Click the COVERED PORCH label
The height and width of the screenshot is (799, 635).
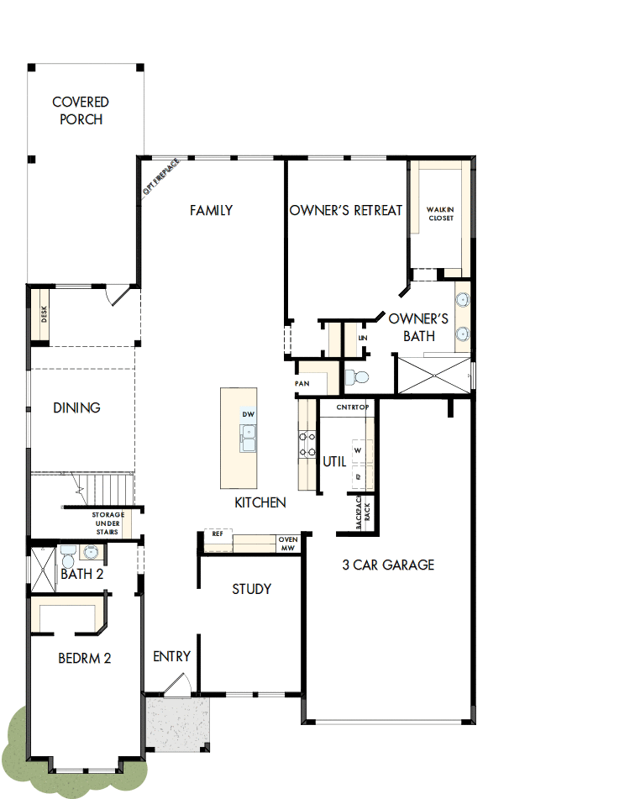tap(81, 111)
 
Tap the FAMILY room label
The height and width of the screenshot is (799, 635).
tap(211, 210)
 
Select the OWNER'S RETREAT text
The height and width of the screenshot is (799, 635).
tap(346, 210)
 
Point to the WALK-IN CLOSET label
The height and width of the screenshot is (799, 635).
tap(440, 213)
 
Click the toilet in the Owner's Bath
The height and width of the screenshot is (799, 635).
tap(359, 377)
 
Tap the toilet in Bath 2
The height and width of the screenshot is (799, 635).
tap(68, 555)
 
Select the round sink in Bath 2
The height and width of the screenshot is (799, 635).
tap(91, 553)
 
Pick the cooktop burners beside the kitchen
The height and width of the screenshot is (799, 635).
tap(305, 444)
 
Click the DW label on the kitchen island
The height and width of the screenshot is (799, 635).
tap(248, 415)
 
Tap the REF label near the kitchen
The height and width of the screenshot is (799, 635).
tap(217, 534)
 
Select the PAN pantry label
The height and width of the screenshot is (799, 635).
tap(302, 383)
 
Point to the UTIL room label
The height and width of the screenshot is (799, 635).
tap(334, 461)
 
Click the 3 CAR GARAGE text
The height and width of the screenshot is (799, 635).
tap(388, 565)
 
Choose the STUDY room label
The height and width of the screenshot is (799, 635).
tap(252, 589)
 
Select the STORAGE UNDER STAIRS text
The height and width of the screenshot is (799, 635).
tap(108, 523)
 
